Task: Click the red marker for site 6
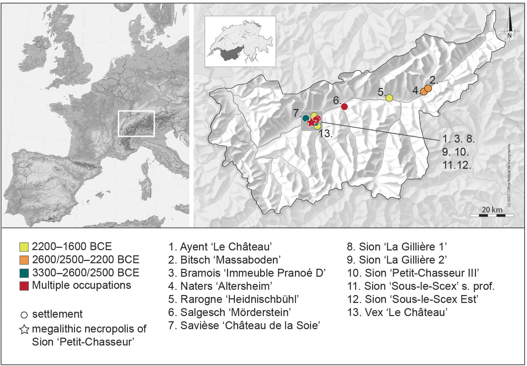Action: click(x=344, y=106)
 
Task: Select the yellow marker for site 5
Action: click(x=389, y=98)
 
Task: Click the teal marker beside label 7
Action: click(x=306, y=118)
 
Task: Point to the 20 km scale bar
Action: click(x=492, y=215)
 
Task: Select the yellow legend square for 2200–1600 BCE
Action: click(x=24, y=247)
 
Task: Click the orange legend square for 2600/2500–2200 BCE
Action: click(x=24, y=260)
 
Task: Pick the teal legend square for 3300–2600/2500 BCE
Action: click(x=24, y=273)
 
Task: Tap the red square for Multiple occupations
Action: click(x=24, y=286)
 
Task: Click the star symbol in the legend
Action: click(x=24, y=329)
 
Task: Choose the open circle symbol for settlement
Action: click(x=24, y=315)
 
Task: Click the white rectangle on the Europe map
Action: click(x=136, y=123)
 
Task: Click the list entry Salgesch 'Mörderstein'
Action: click(x=229, y=312)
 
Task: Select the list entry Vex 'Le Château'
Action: click(x=397, y=312)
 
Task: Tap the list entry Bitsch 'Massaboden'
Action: click(x=224, y=260)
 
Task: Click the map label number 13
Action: click(x=326, y=133)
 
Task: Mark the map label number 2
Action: click(x=434, y=80)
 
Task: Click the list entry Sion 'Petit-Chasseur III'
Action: click(x=413, y=273)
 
